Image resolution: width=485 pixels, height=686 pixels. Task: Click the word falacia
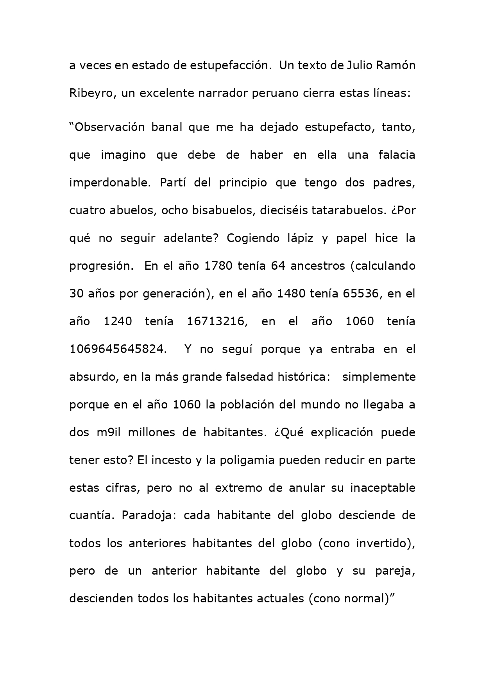(x=397, y=155)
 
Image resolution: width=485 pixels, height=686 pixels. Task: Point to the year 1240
(x=118, y=321)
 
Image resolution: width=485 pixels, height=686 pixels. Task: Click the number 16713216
(x=217, y=321)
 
